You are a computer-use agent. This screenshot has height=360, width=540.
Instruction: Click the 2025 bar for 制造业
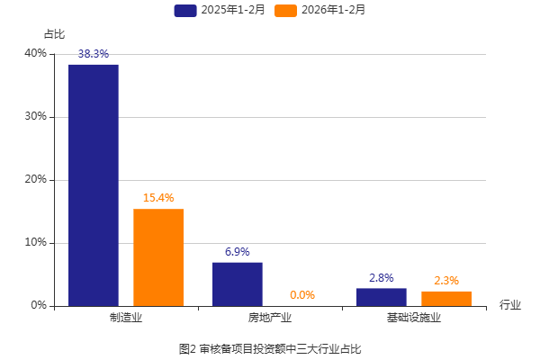pyautogui.click(x=94, y=185)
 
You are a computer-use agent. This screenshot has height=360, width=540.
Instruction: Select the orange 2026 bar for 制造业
pyautogui.click(x=158, y=257)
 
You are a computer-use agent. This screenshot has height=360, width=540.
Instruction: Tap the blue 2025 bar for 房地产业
pyautogui.click(x=238, y=284)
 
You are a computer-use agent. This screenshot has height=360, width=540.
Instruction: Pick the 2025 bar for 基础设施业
pyautogui.click(x=382, y=297)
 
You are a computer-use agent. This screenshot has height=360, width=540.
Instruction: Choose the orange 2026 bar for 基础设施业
pyautogui.click(x=446, y=299)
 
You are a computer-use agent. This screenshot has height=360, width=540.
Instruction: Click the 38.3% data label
pyautogui.click(x=94, y=54)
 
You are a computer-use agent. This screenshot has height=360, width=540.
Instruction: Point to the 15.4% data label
pyautogui.click(x=158, y=198)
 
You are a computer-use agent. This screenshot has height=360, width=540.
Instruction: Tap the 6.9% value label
pyautogui.click(x=238, y=252)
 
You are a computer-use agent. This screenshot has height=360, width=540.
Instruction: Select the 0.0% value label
pyautogui.click(x=302, y=295)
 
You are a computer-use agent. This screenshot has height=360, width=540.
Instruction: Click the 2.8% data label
pyautogui.click(x=382, y=278)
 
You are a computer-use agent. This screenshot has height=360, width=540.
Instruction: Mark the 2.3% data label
pyautogui.click(x=446, y=281)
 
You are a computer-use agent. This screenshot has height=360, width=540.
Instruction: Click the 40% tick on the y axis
pyautogui.click(x=36, y=54)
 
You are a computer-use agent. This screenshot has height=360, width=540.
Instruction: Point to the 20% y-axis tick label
pyautogui.click(x=36, y=180)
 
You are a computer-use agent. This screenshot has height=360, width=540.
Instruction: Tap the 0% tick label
pyautogui.click(x=39, y=306)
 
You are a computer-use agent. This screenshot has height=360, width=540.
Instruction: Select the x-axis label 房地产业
pyautogui.click(x=270, y=318)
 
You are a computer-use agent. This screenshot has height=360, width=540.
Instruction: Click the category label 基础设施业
pyautogui.click(x=414, y=318)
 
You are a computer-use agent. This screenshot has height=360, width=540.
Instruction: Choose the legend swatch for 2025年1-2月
pyautogui.click(x=185, y=11)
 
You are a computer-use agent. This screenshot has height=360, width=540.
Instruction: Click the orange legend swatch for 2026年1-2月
pyautogui.click(x=286, y=11)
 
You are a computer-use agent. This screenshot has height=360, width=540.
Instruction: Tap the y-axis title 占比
pyautogui.click(x=55, y=34)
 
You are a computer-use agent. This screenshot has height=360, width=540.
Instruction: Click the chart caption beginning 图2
pyautogui.click(x=270, y=347)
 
